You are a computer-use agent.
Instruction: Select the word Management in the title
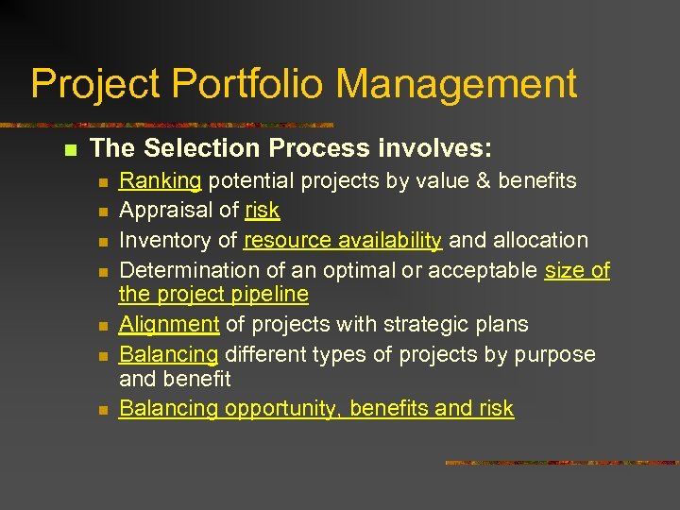456,84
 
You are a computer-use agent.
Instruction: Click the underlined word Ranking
161,180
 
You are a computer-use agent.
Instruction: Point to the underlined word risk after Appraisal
263,211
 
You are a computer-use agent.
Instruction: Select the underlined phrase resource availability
342,241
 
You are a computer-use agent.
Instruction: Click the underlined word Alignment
169,324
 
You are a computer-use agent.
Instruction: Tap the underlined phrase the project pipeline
213,295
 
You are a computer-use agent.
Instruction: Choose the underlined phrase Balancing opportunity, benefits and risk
316,409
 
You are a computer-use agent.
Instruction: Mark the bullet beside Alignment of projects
104,325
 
